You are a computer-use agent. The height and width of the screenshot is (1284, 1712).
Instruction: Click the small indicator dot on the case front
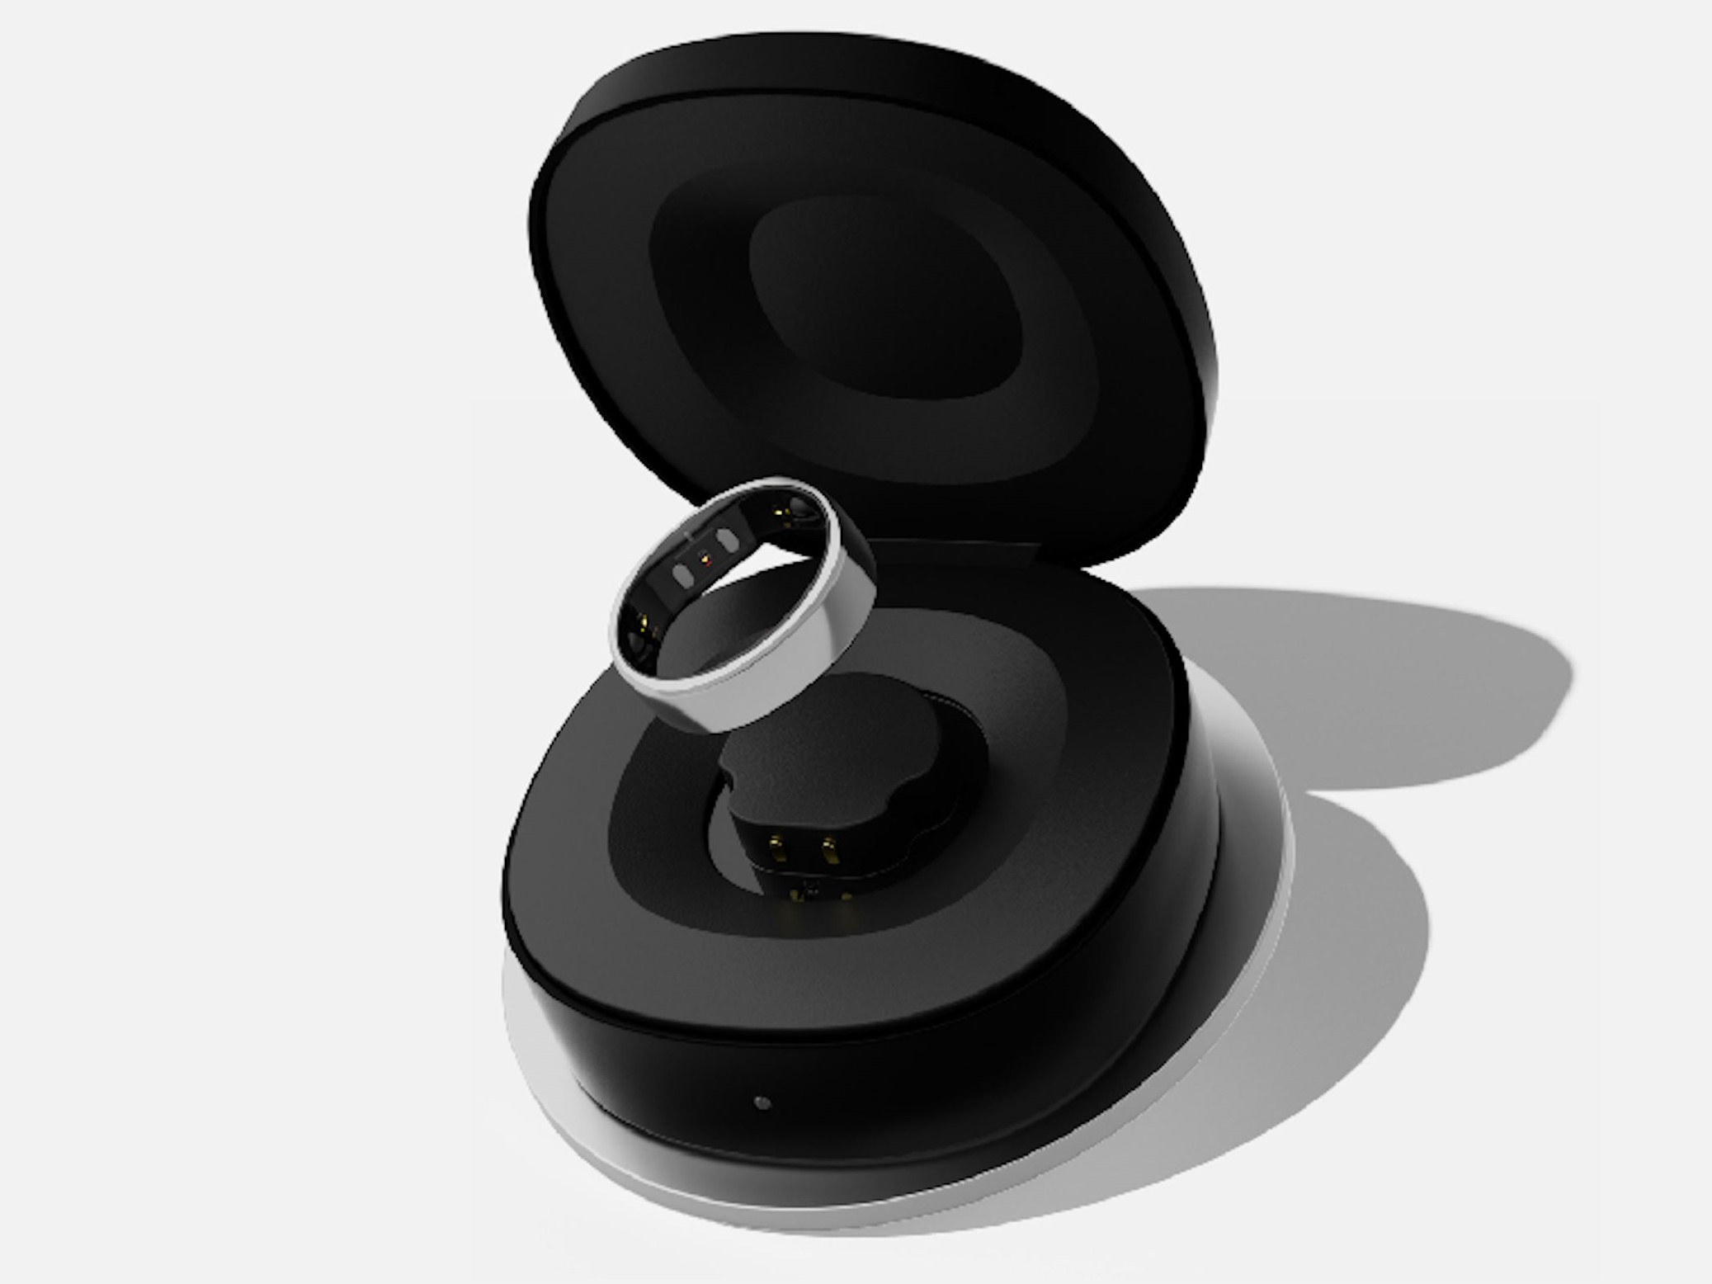pos(762,1102)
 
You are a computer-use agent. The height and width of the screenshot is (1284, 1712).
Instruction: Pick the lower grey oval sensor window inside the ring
pos(682,574)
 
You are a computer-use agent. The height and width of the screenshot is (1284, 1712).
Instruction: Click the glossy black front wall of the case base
pos(866,1089)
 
